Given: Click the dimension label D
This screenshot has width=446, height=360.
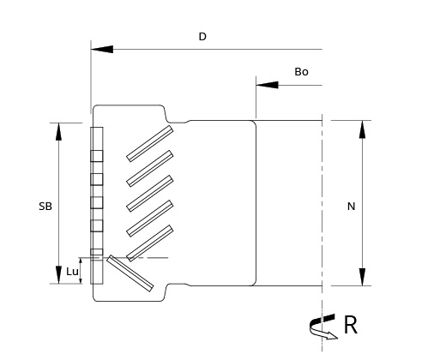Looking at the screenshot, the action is coord(202,37).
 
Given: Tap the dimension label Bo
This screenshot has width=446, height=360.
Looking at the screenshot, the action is coord(301,72).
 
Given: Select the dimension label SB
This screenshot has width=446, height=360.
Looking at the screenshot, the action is coord(45,207).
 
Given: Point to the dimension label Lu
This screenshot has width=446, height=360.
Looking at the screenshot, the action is coord(72,272).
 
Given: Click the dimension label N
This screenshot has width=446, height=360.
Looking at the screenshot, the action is coord(351,207).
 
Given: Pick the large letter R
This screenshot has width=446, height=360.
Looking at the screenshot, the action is coord(351,325).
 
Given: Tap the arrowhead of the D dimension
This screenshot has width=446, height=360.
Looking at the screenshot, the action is coord(102,49).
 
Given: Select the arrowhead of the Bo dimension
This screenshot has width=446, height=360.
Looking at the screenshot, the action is coord(267,85).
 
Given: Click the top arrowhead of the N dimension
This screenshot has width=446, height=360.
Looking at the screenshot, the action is coord(362,129).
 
